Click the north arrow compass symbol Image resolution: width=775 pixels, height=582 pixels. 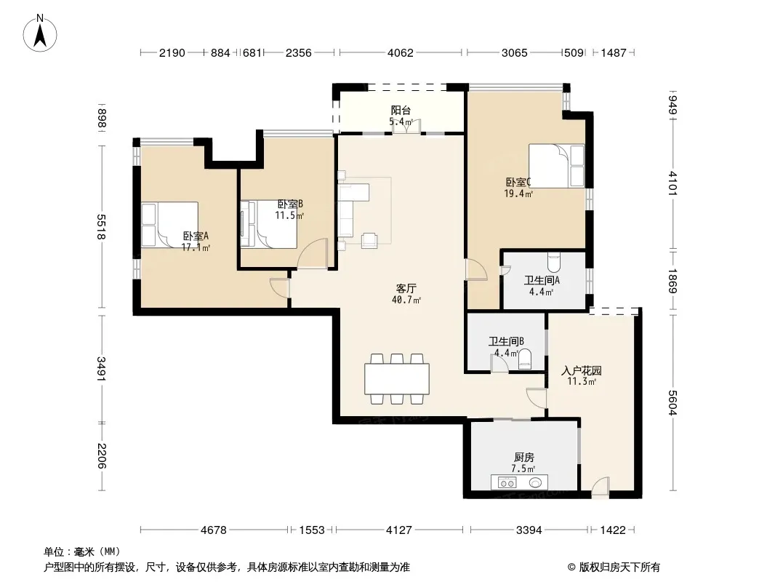[40, 33]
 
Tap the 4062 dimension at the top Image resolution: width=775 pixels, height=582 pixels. [401, 52]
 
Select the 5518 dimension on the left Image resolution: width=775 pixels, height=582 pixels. [101, 227]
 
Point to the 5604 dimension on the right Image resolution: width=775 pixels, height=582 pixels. [672, 402]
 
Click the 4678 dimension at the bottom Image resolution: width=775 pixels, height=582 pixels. [214, 530]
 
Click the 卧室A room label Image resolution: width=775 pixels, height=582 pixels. [196, 236]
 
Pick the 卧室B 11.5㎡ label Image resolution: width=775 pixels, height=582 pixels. [289, 210]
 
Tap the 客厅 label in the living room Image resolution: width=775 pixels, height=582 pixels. [406, 288]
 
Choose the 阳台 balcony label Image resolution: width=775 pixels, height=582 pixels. [401, 111]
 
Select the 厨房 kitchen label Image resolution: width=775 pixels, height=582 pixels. [524, 458]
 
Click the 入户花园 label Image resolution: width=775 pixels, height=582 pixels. [582, 370]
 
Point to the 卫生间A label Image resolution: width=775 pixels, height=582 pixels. [542, 281]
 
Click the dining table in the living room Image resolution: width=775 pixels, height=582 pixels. [397, 379]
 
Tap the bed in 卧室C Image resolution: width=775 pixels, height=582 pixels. [557, 166]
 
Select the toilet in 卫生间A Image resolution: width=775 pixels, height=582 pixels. [554, 262]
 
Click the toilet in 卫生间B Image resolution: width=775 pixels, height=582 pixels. [525, 359]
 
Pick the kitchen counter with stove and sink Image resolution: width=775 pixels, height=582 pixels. [519, 482]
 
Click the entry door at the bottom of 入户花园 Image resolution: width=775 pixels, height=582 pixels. [601, 487]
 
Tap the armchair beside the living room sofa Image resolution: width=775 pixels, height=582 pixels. [369, 240]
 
